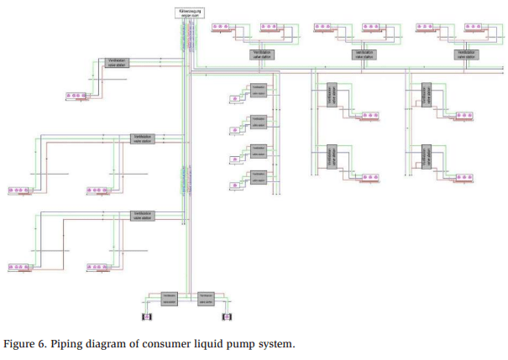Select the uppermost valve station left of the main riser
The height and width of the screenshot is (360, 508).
115,63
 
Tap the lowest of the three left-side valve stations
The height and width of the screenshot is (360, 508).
143,216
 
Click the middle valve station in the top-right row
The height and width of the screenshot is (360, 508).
363,54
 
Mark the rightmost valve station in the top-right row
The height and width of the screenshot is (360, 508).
466,54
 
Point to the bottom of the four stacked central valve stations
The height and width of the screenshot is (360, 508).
258,177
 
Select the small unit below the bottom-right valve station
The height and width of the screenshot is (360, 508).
225,317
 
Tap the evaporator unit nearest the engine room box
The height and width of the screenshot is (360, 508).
223,29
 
